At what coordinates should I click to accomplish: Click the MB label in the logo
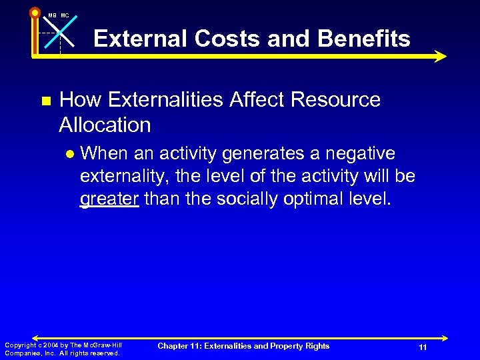pyautogui.click(x=52, y=15)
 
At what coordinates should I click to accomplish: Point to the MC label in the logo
pyautogui.click(x=65, y=15)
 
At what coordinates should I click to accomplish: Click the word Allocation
pyautogui.click(x=105, y=125)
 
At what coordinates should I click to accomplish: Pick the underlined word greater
pyautogui.click(x=109, y=199)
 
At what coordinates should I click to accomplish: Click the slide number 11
pyautogui.click(x=423, y=348)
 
